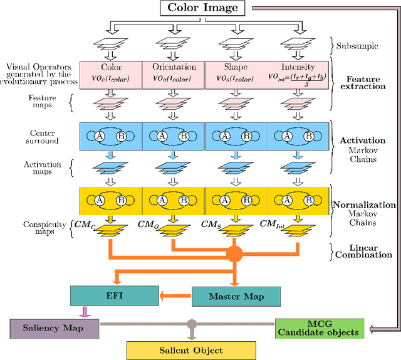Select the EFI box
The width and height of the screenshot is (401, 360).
pyautogui.click(x=115, y=295)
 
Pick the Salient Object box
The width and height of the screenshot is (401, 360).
pyautogui.click(x=191, y=350)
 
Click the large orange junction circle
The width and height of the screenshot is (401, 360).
pyautogui.click(x=234, y=254)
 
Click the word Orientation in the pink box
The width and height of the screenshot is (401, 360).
pyautogui.click(x=174, y=67)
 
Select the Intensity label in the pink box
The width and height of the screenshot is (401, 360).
pyautogui.click(x=298, y=67)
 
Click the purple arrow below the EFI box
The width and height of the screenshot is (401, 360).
pyautogui.click(x=83, y=310)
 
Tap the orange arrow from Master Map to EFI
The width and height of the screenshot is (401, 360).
pyautogui.click(x=174, y=295)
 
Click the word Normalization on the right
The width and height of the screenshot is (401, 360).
pyautogui.click(x=363, y=204)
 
